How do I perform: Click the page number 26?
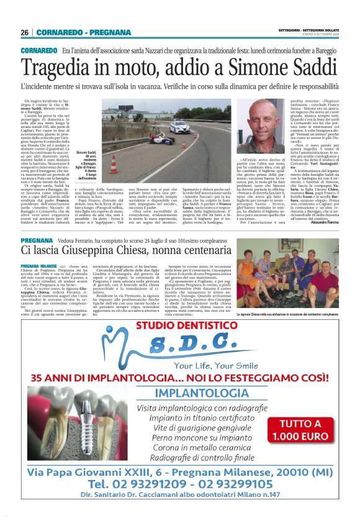click(x=25, y=32)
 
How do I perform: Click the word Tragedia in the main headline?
click(x=62, y=67)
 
